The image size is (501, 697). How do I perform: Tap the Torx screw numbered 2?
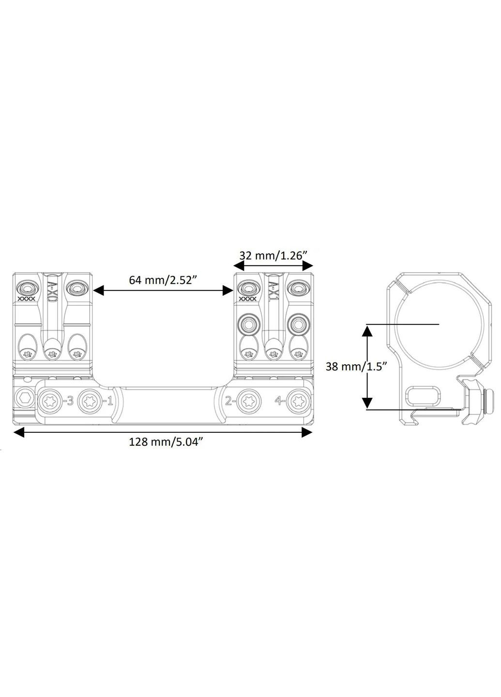pyautogui.click(x=250, y=400)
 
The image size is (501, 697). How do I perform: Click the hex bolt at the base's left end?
pyautogui.click(x=22, y=400)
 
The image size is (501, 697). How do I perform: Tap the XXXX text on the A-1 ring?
pyautogui.click(x=248, y=299)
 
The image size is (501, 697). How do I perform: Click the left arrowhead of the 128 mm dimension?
pyautogui.click(x=18, y=432)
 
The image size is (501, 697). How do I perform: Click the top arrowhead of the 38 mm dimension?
pyautogui.click(x=367, y=330)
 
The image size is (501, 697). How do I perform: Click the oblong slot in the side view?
pyautogui.click(x=424, y=395)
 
